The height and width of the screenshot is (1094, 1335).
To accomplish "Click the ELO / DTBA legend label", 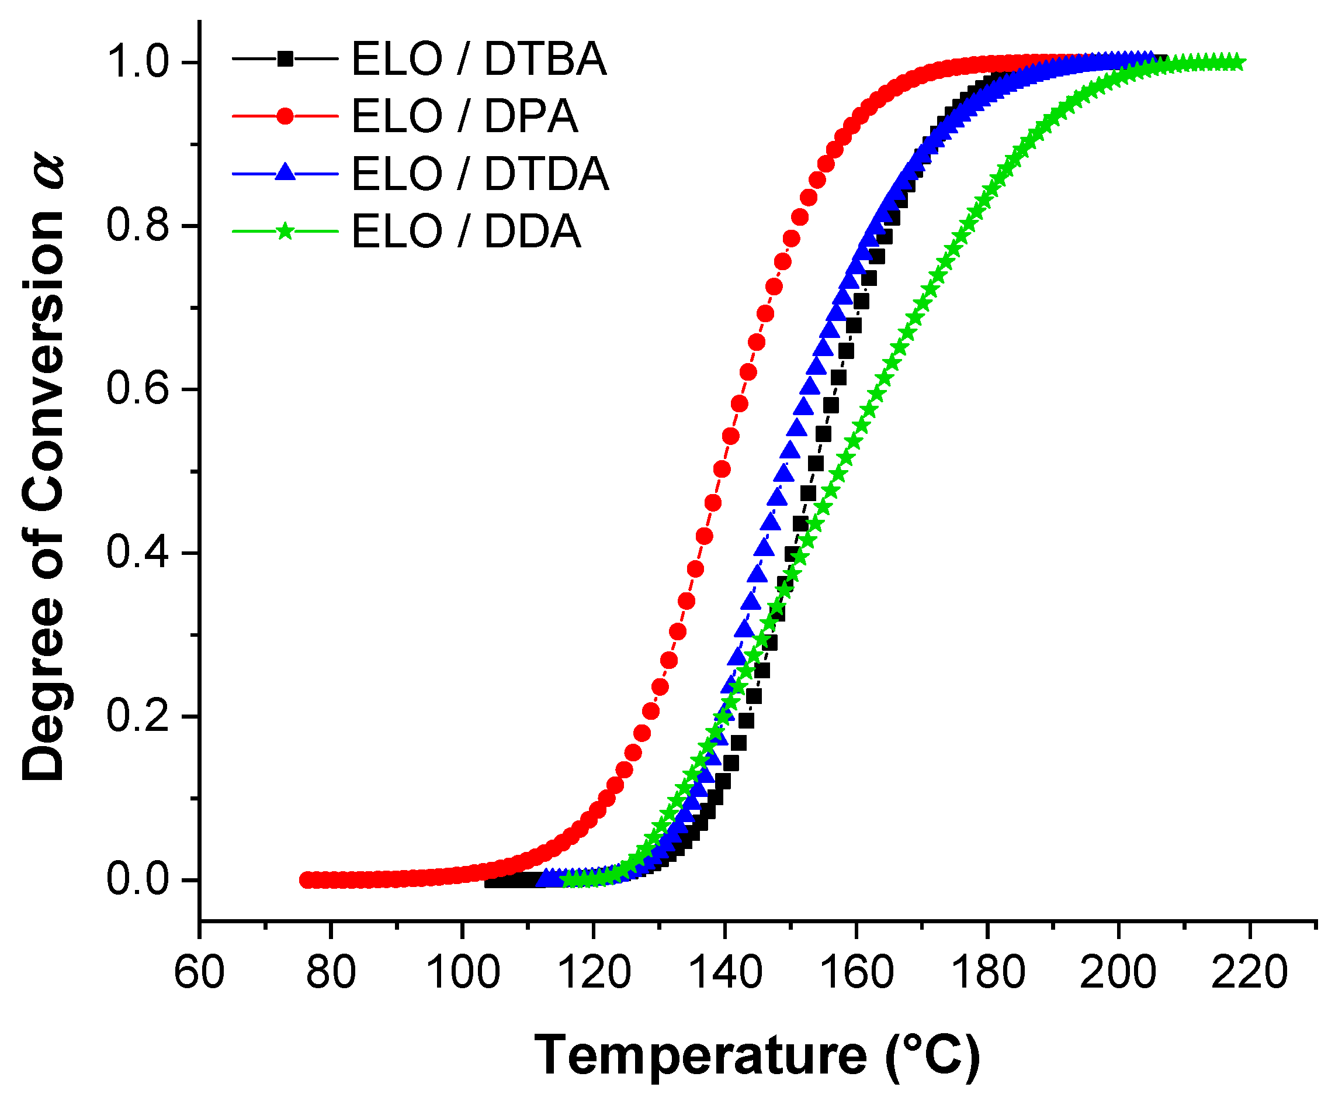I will point(478,59).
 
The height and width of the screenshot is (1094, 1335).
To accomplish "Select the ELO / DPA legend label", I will point(464,116).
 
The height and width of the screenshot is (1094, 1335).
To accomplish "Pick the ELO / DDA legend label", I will point(466,232).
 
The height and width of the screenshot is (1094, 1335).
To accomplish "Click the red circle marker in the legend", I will point(285,116).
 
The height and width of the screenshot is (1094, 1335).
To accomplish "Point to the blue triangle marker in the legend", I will point(285,172).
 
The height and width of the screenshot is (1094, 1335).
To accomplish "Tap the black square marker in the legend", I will point(285,59).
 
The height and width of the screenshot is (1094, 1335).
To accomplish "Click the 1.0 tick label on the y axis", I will point(138,62).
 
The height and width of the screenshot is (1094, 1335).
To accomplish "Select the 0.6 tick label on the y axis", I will point(138,389).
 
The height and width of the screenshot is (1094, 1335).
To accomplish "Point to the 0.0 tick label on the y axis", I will point(138,880).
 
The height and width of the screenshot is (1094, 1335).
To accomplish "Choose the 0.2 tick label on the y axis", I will point(138,716).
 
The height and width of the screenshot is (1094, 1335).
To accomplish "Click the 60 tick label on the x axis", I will point(199,972).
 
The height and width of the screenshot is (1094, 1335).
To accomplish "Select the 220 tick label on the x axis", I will point(1249,972).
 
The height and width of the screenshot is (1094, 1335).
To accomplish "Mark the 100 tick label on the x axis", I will point(462,972).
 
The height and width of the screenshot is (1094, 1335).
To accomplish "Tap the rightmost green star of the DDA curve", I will point(1236,62).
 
